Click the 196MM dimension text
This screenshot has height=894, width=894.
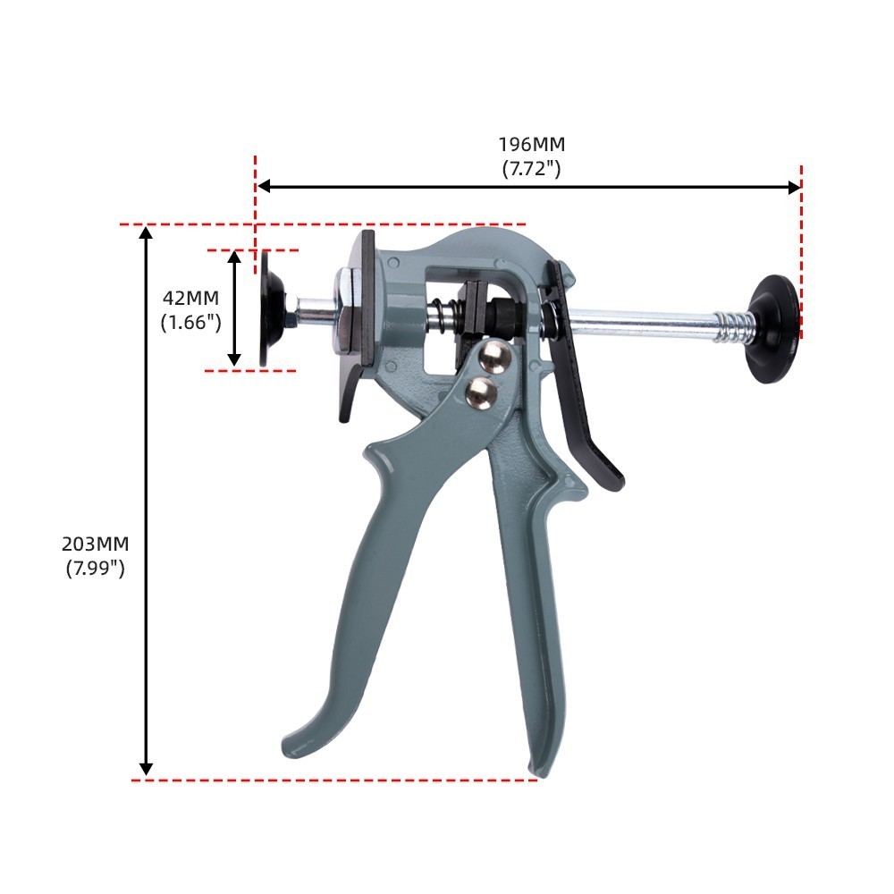point(531,145)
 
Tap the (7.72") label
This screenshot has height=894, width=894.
point(531,167)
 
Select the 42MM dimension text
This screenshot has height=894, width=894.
point(190,298)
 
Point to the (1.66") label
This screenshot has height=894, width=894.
point(190,322)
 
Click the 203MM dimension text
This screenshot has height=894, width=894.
point(95,544)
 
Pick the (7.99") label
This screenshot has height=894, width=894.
point(95,567)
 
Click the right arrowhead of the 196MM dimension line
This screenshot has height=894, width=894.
point(796,187)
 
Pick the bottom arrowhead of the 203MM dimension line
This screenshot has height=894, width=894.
point(146,770)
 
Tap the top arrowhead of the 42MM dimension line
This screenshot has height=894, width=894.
point(234,257)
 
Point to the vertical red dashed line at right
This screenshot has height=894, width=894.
point(801,250)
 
